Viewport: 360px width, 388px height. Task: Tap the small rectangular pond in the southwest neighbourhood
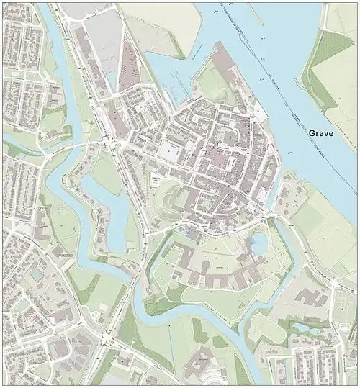[x=35, y=274]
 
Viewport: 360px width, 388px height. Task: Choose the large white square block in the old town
[x=171, y=151]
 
